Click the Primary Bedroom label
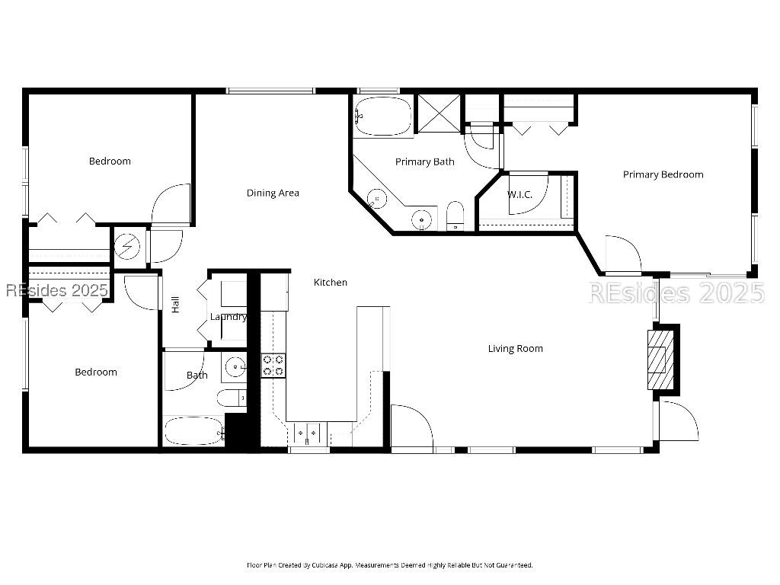tap(663, 174)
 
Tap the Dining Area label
tap(273, 193)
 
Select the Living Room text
tap(515, 349)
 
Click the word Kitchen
tap(331, 283)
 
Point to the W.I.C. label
tap(519, 195)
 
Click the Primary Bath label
tap(424, 161)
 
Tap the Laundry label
tap(229, 317)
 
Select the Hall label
tap(176, 305)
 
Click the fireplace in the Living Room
tap(661, 357)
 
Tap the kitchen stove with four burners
tap(273, 365)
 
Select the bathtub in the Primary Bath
tap(383, 116)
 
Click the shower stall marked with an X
tap(438, 113)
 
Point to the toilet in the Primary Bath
tap(455, 216)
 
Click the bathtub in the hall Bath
tap(194, 432)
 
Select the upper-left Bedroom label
tap(110, 161)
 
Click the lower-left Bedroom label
tap(96, 372)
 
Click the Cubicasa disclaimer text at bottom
tap(389, 565)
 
